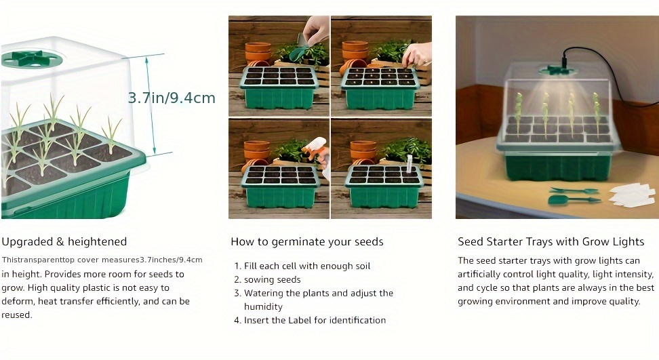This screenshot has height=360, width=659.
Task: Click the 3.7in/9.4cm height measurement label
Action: [x=172, y=98]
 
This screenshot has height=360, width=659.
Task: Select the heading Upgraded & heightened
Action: [x=64, y=241]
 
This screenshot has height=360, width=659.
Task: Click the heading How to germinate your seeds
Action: [x=307, y=241]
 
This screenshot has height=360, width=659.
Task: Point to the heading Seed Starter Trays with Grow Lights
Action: [x=551, y=241]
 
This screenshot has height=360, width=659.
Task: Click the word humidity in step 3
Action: [x=263, y=306]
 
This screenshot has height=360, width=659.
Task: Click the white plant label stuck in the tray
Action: [x=409, y=163]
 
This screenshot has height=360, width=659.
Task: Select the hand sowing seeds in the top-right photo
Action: [x=416, y=54]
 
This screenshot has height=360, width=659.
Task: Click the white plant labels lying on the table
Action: [x=631, y=195]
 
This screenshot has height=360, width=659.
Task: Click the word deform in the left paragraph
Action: [x=17, y=301]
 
